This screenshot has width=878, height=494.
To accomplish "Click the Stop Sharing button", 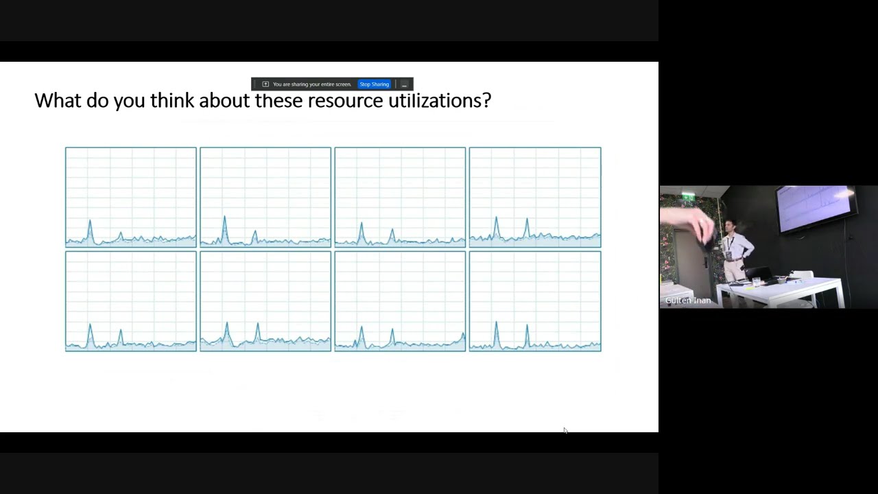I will (374, 84).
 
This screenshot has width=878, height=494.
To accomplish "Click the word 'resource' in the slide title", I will (345, 101).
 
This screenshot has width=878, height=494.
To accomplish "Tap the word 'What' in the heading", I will (57, 101).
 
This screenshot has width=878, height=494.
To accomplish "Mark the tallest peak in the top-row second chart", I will (224, 218).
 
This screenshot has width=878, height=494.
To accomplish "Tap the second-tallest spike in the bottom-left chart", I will (121, 331).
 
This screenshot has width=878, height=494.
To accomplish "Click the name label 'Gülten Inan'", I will (687, 301).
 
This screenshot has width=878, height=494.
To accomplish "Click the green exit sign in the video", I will (687, 197).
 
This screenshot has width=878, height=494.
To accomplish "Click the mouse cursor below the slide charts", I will (565, 431).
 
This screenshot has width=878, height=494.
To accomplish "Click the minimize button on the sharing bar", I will (404, 84).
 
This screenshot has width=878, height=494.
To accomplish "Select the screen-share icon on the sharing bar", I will (265, 84).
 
